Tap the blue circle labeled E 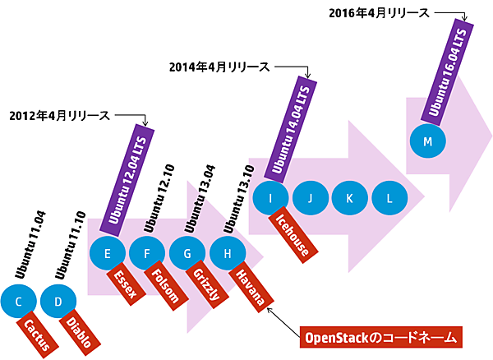(x=108, y=252)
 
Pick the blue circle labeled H (x=226, y=252)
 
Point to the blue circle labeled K (x=349, y=197)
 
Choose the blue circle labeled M (x=427, y=141)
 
